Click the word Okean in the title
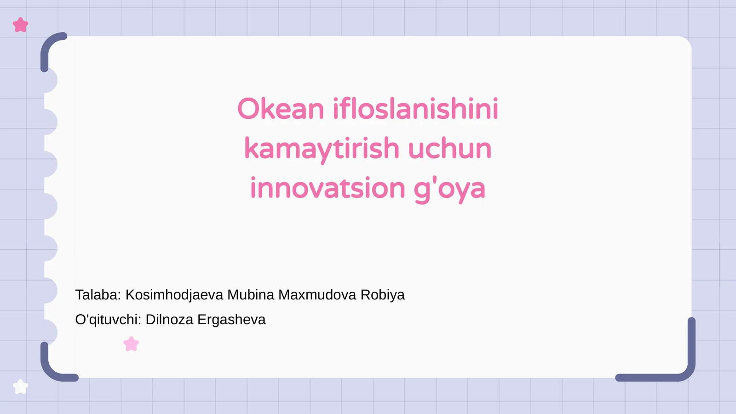[281, 109]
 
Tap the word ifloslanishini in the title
[415, 109]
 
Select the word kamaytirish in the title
[322, 149]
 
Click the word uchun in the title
[449, 149]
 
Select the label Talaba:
[98, 295]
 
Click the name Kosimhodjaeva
[174, 295]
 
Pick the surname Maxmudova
[317, 295]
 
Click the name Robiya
[382, 295]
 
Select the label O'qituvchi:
[108, 320]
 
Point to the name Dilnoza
[169, 320]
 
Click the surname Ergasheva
[231, 320]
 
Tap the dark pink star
[20, 25]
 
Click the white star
[20, 387]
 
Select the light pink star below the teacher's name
[131, 344]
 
